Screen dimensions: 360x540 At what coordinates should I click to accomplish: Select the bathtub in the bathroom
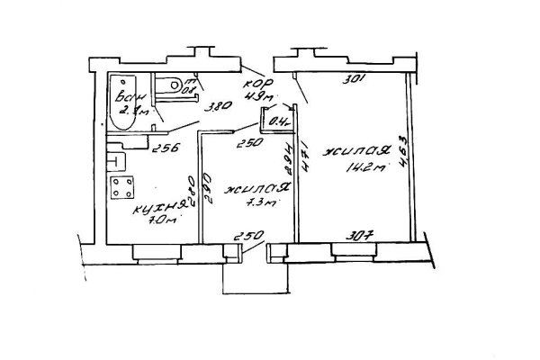coord(121,98)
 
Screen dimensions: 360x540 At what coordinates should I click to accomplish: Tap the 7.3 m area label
coord(259,205)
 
